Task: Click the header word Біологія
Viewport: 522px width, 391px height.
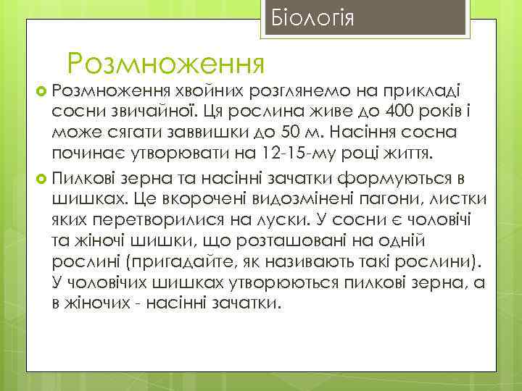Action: pos(312,17)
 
